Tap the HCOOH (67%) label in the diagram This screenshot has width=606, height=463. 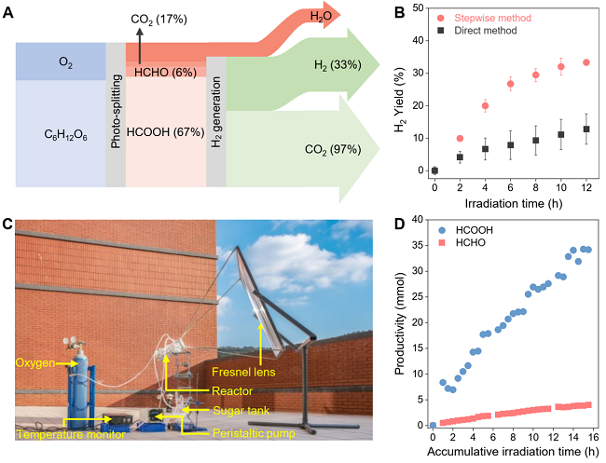tap(165, 132)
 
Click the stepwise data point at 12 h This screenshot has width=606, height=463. tap(586, 62)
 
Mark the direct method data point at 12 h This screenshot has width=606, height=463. tap(586, 129)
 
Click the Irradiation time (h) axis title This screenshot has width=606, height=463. tap(509, 203)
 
